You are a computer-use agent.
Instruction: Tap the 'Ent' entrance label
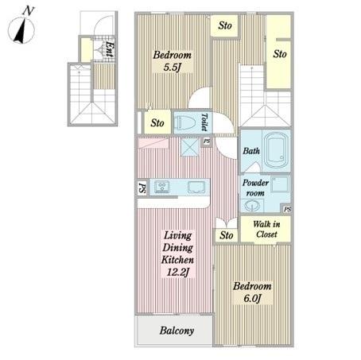[x=110, y=49]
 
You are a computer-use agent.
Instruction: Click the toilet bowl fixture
[x=185, y=123]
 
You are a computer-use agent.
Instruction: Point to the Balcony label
[x=177, y=331]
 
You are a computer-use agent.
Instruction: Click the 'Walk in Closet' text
[x=266, y=229]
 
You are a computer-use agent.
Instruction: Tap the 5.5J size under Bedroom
[x=173, y=68]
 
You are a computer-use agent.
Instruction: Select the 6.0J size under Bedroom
[x=253, y=298]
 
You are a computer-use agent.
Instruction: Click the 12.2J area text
[x=178, y=272]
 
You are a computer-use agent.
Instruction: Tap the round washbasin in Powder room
[x=252, y=205]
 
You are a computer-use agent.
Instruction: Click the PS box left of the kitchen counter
[x=142, y=188]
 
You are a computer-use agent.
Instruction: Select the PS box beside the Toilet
[x=207, y=141]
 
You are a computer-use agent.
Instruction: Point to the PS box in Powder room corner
[x=287, y=209]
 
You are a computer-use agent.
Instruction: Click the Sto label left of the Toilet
[x=157, y=123]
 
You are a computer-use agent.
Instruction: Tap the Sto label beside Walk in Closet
[x=227, y=235]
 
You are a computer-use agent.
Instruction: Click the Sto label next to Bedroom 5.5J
[x=225, y=25]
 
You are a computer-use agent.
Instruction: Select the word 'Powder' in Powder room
[x=255, y=183]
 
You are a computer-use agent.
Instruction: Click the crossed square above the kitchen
[x=190, y=147]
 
